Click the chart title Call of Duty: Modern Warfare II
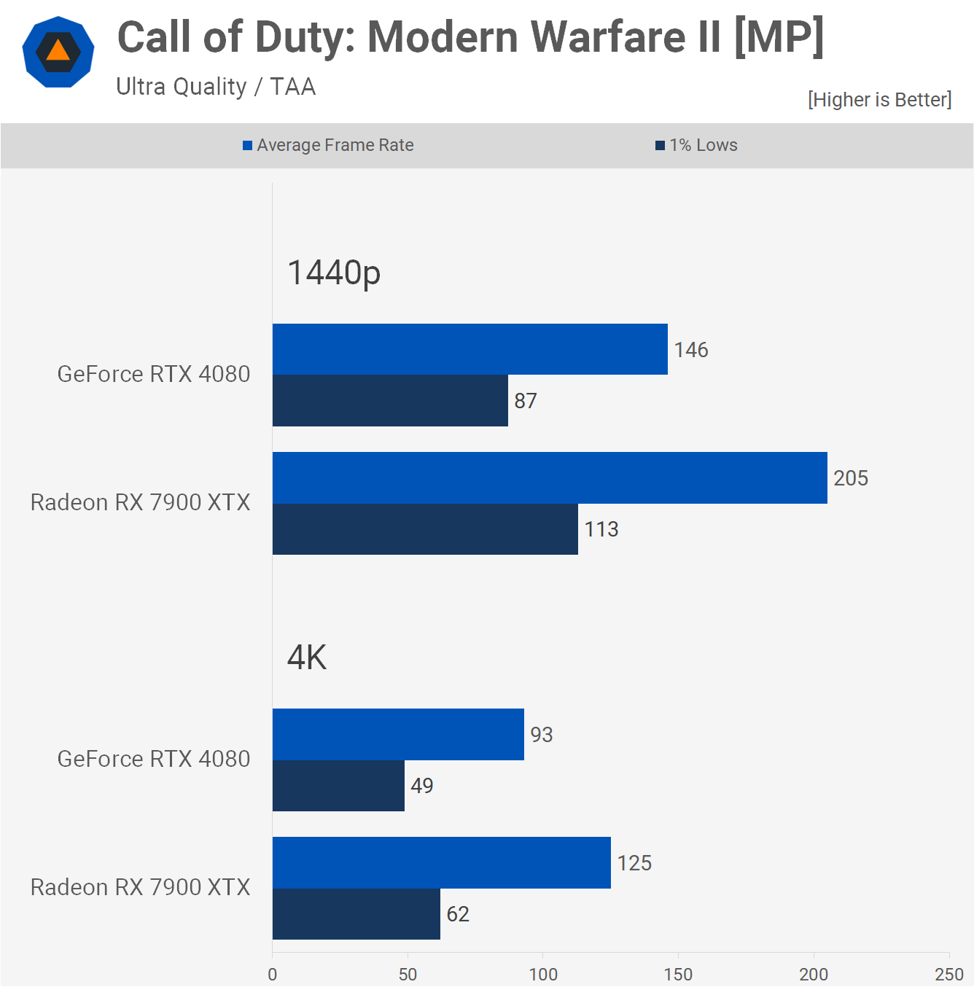tap(470, 38)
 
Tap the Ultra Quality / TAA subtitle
tap(216, 87)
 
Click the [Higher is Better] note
tap(879, 100)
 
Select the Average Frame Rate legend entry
tap(328, 145)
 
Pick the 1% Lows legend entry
tap(696, 145)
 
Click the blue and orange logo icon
tap(58, 52)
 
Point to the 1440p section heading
tap(334, 273)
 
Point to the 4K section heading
tap(307, 658)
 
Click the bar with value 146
tap(470, 349)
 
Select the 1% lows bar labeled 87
tap(390, 401)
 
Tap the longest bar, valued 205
tap(550, 477)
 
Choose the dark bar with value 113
tap(425, 529)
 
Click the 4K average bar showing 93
tap(398, 734)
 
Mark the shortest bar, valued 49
tap(338, 786)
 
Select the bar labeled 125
tap(441, 862)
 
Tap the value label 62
tap(458, 914)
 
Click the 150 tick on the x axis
tap(678, 974)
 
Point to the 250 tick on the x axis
tap(948, 974)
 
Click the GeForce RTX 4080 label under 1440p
tap(154, 374)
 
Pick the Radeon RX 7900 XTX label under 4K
tap(140, 887)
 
